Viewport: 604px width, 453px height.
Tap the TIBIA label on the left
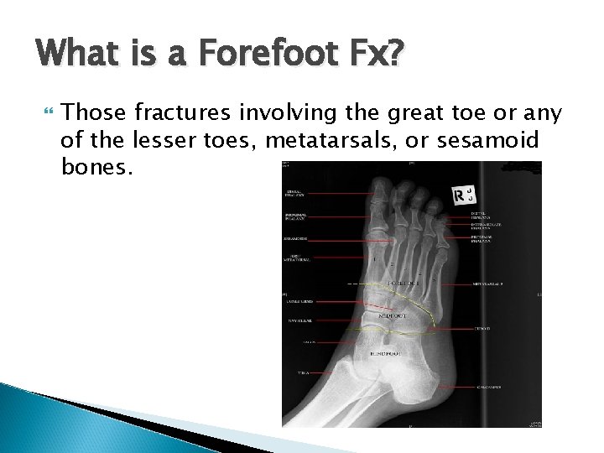coord(295,371)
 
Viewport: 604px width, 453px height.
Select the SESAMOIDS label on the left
coord(295,237)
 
